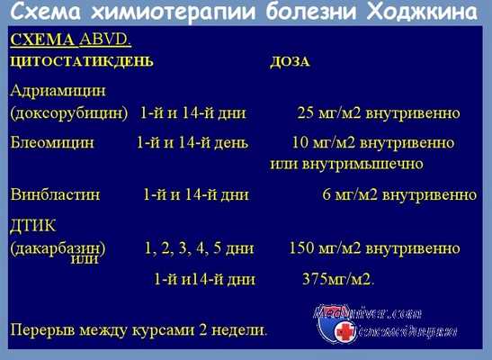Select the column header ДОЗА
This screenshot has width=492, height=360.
coord(290,62)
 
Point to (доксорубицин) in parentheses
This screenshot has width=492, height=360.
coord(68,114)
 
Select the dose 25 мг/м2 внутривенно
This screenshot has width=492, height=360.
coord(379,114)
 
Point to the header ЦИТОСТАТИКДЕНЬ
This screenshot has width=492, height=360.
coord(81,62)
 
